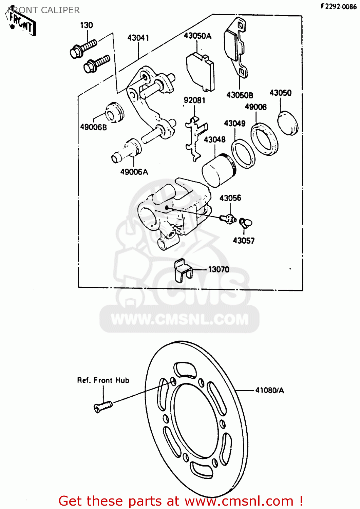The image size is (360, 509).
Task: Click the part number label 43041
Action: coord(138,38)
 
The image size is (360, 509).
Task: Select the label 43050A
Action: coord(197,36)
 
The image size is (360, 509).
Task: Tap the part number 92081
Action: coord(194,100)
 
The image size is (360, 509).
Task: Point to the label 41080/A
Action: coord(269,390)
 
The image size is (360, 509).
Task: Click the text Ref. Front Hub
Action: coord(103,380)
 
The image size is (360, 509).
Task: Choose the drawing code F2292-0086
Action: coord(338,6)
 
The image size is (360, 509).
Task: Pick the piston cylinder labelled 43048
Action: coord(217,170)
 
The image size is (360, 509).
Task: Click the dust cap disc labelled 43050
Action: coord(288,123)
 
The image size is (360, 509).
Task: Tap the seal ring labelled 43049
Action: coord(243,153)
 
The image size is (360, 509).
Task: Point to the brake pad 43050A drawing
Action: coord(201,72)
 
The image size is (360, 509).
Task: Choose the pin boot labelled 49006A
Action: coord(127,151)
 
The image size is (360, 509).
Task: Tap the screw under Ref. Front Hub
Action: coord(103,406)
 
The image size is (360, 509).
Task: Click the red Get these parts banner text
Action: coord(180,501)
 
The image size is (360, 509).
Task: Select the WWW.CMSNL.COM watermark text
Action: coord(179,319)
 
